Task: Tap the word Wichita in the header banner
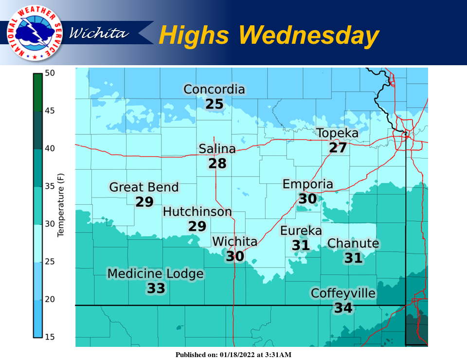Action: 100,33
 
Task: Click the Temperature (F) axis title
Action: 61,205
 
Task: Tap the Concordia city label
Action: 214,90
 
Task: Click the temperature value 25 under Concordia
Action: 214,104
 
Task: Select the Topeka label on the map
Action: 337,133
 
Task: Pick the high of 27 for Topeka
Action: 337,147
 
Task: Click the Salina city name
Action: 217,149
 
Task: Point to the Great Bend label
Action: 144,187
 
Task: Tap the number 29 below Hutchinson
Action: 198,226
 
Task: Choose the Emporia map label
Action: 308,184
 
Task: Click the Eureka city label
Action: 301,231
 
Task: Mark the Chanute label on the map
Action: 353,243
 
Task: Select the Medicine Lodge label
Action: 156,274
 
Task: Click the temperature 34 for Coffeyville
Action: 343,307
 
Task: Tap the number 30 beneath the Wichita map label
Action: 235,256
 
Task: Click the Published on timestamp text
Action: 233,355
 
